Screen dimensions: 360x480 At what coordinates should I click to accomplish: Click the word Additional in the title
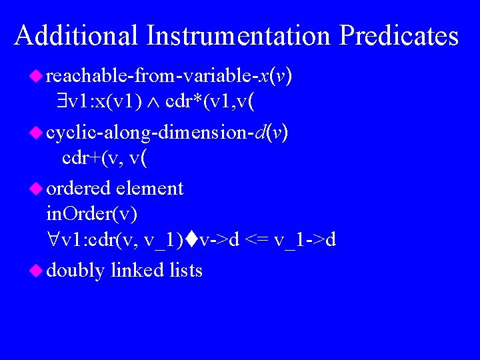pyautogui.click(x=76, y=35)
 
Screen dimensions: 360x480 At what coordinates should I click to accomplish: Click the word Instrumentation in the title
pyautogui.click(x=238, y=35)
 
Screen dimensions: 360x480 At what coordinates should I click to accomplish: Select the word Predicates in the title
pyautogui.click(x=399, y=35)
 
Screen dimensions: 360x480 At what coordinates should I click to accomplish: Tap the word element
pyautogui.click(x=149, y=189)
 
